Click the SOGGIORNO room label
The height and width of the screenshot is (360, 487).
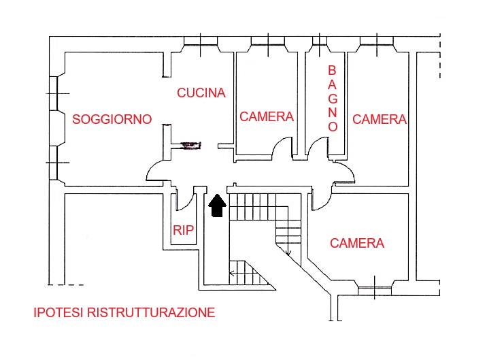pos(112,119)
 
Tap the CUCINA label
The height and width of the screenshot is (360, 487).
pos(201,93)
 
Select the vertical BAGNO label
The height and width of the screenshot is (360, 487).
pos(333,99)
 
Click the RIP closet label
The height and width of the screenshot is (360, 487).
pos(184,231)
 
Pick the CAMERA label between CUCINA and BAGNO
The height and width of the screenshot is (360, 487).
pos(267,117)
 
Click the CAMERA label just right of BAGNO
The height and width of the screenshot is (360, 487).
pos(380,120)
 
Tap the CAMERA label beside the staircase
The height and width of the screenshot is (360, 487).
pos(357,243)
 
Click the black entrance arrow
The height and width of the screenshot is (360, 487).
pos(217,206)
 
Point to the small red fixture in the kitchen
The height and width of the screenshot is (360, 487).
pos(192,144)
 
